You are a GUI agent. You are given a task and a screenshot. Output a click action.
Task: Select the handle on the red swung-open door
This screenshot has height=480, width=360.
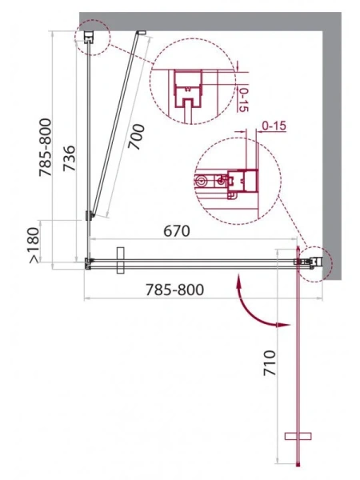tap(298, 437)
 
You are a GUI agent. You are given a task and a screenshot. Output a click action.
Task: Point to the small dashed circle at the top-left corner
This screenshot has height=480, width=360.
tap(90, 36)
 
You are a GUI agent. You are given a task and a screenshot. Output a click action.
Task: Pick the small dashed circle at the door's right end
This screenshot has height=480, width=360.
tap(311, 261)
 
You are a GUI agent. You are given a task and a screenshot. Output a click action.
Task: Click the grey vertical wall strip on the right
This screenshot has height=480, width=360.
tap(334, 144)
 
